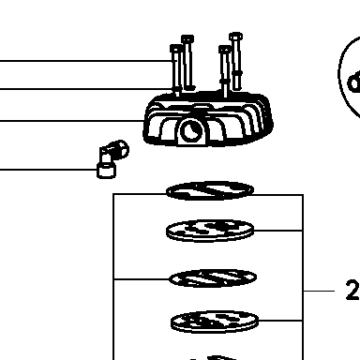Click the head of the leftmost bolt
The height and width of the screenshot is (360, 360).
pyautogui.click(x=176, y=49)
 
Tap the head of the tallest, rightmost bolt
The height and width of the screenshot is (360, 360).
pyautogui.click(x=235, y=37)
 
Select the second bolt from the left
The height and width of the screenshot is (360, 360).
pyautogui.click(x=187, y=63)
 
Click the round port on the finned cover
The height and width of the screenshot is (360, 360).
pyautogui.click(x=192, y=130)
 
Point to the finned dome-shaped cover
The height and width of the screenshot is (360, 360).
pyautogui.click(x=208, y=119)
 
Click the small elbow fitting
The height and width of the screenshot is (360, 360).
pyautogui.click(x=112, y=158)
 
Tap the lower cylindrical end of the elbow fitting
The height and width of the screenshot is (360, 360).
pyautogui.click(x=107, y=171)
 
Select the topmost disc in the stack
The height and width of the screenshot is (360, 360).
pyautogui.click(x=210, y=190)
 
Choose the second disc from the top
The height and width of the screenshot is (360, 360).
pyautogui.click(x=210, y=231)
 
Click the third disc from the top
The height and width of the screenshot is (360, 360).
pyautogui.click(x=213, y=278)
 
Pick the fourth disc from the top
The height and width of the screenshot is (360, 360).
pyautogui.click(x=215, y=322)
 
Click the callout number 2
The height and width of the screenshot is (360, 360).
pyautogui.click(x=352, y=291)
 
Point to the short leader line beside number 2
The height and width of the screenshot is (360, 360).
pyautogui.click(x=319, y=291)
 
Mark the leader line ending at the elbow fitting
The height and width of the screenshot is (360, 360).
pyautogui.click(x=49, y=170)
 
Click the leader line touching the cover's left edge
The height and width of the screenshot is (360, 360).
pyautogui.click(x=72, y=120)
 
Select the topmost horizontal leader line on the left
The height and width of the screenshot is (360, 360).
pyautogui.click(x=86, y=61)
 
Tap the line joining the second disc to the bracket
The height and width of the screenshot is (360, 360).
pyautogui.click(x=277, y=231)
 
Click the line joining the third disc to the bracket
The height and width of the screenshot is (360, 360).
pyautogui.click(x=142, y=278)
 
